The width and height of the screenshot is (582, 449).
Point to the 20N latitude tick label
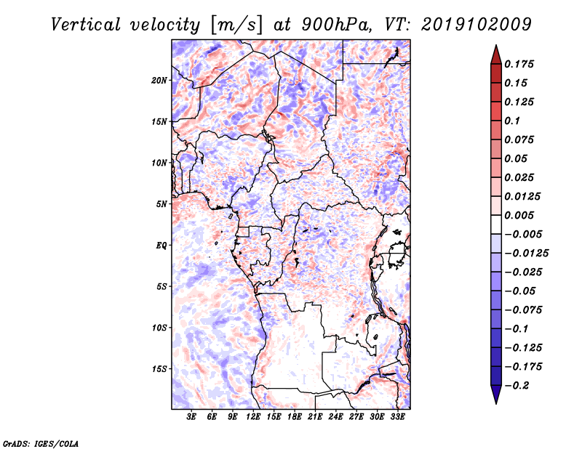(x=159, y=80)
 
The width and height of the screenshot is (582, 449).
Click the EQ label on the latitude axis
(x=161, y=245)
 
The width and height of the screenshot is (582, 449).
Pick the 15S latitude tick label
(x=159, y=369)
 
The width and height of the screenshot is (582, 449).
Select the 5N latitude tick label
(x=162, y=204)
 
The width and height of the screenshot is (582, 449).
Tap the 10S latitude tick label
(x=159, y=328)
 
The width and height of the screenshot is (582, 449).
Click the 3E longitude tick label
(x=192, y=418)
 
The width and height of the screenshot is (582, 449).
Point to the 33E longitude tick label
(x=398, y=418)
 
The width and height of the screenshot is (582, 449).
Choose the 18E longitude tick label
(x=295, y=418)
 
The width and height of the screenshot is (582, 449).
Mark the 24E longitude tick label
(x=336, y=418)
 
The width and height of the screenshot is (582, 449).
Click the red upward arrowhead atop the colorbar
(x=495, y=53)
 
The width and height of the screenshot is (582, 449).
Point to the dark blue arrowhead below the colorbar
(x=495, y=395)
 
